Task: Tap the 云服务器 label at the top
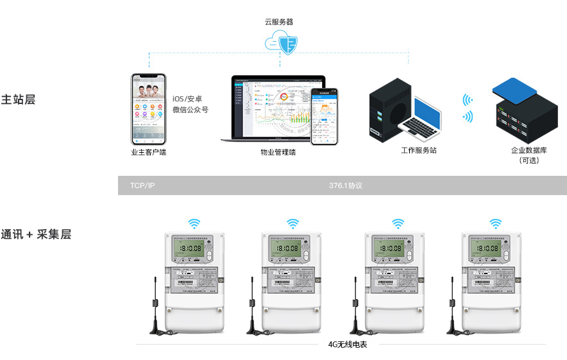[279, 22]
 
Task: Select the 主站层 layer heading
[18, 100]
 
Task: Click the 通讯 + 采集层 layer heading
[36, 234]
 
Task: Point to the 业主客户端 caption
[148, 152]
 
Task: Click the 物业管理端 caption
[278, 152]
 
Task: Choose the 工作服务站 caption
[418, 150]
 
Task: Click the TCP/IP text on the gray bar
[142, 185]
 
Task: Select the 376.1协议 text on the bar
[346, 185]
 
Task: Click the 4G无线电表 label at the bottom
[348, 345]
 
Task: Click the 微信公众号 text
[190, 110]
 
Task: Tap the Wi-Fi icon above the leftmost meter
[194, 223]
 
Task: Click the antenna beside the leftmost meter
[155, 308]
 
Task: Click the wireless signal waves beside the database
[468, 108]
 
